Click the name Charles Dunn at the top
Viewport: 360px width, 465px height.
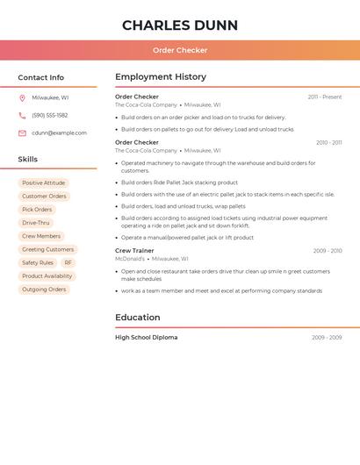coord(179,25)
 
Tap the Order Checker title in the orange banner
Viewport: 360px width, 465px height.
coord(179,50)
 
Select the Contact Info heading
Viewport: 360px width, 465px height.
coord(40,77)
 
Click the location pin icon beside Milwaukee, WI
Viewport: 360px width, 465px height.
coord(22,97)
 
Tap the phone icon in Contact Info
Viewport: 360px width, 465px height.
coord(22,115)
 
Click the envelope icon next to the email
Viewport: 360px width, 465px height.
coord(22,132)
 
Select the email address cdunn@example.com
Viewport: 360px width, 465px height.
coord(59,132)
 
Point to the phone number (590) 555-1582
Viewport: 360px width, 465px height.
coord(49,115)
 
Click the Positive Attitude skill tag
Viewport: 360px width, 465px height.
coord(43,183)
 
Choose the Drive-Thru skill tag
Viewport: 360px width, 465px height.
coord(36,223)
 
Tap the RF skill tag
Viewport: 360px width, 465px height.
coord(68,262)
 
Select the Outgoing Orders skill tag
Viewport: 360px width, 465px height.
coord(44,290)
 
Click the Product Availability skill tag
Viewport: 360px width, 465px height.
coord(47,275)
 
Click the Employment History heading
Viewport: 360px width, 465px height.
coord(161,77)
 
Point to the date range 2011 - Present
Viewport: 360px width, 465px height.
coord(324,97)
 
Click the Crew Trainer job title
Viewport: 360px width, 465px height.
coord(134,251)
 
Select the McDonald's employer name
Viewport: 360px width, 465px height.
coord(130,259)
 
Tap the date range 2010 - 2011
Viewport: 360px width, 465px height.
coord(328,142)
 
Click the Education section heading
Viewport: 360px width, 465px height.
coord(137,318)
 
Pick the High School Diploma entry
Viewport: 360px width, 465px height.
coord(146,338)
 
